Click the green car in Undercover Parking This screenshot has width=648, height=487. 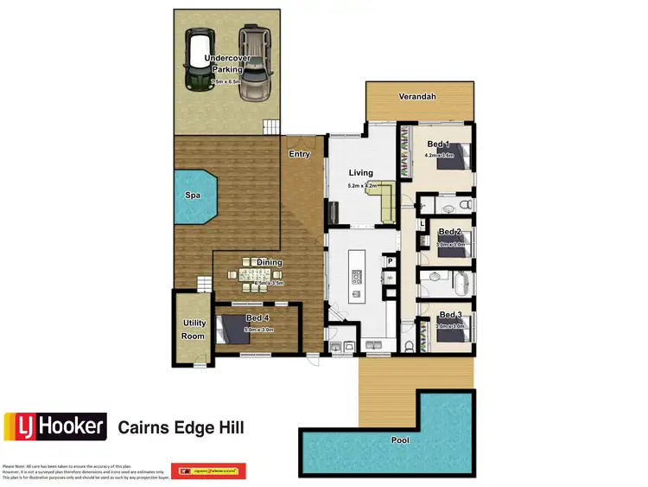click(198, 64)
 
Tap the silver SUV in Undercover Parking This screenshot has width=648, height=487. click(253, 64)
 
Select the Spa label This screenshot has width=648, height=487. click(194, 195)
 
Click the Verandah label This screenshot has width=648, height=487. click(417, 97)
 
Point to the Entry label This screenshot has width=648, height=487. click(299, 155)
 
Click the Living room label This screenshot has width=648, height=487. click(360, 173)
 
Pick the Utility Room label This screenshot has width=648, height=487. click(194, 330)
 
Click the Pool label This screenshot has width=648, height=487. click(400, 440)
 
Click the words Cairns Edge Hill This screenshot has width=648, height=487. click(181, 427)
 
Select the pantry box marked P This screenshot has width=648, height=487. click(390, 260)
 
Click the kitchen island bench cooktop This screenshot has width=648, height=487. click(355, 278)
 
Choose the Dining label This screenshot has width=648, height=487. click(269, 263)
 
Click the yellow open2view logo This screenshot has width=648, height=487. click(209, 471)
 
